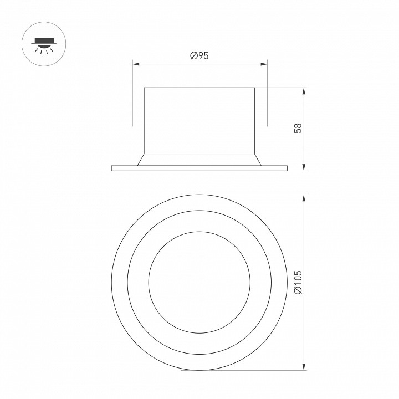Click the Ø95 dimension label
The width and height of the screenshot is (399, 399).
pyautogui.click(x=199, y=55)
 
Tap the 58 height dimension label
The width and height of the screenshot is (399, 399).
pyautogui.click(x=298, y=129)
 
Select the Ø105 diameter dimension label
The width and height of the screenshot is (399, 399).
pyautogui.click(x=298, y=283)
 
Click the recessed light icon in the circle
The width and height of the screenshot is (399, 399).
pyautogui.click(x=43, y=43)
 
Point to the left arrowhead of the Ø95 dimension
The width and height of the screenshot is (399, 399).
pyautogui.click(x=136, y=63)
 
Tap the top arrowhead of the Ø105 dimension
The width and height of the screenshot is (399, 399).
pyautogui.click(x=304, y=198)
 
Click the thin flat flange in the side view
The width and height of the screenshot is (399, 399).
pyautogui.click(x=199, y=168)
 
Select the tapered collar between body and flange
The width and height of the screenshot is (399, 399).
pyautogui.click(x=199, y=159)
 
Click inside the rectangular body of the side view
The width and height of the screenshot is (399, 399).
pyautogui.click(x=199, y=119)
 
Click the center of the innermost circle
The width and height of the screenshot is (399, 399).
pyautogui.click(x=199, y=283)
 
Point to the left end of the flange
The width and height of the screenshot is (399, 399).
pyautogui.click(x=112, y=168)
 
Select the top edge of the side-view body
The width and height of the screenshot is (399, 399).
pyautogui.click(x=199, y=88)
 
